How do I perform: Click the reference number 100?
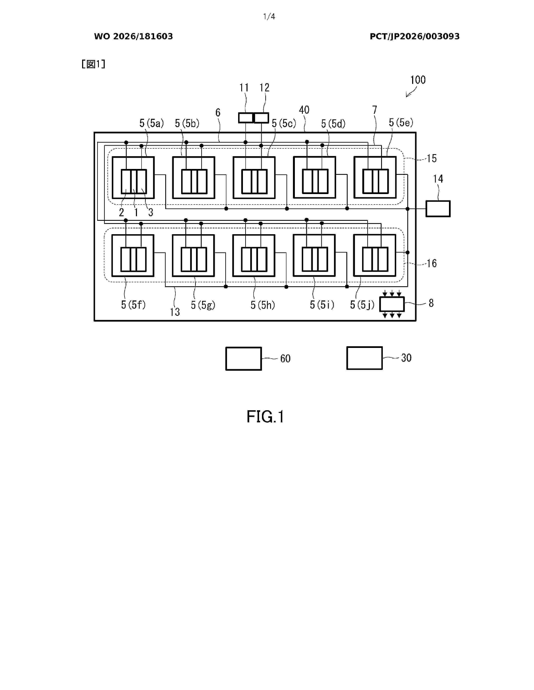coord(418,80)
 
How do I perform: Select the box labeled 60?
coord(244,359)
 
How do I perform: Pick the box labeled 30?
coord(364,358)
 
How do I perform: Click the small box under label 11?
coord(246,118)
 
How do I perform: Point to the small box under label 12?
coord(261,118)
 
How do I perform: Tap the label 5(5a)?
coord(152,123)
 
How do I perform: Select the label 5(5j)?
coord(362,305)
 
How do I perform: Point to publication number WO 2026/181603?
coord(134,36)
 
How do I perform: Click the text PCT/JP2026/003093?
coord(415,36)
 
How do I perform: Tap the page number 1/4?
coord(269,17)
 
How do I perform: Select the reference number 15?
coord(432,158)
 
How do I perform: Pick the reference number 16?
coord(432,263)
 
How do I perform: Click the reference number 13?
coord(175,312)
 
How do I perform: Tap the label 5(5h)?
coord(263,305)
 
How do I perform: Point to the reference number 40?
coord(304,110)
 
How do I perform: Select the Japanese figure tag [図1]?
coord(93,64)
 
